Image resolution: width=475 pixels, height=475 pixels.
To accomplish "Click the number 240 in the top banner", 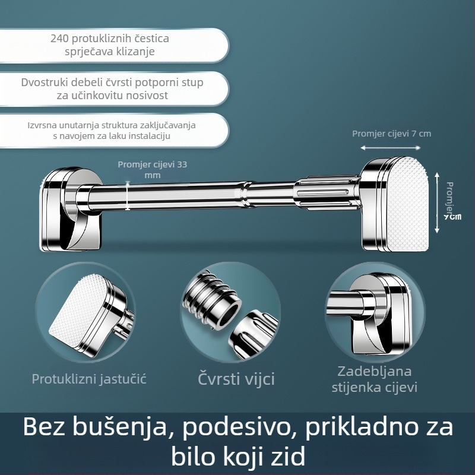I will pos(61,39).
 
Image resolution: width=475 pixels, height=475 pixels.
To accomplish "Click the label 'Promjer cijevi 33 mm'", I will pos(152,169).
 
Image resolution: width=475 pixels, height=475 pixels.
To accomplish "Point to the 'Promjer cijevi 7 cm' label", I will pos(391,134).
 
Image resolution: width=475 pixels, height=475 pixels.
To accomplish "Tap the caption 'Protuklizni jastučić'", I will pos(89,378).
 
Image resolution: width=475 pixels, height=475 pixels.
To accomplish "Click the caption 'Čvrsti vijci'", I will pos(236,378).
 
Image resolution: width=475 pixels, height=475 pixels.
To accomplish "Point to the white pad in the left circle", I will pos(78,315).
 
